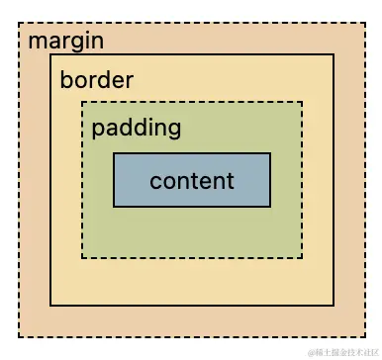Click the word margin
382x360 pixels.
66,42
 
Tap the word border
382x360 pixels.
96,80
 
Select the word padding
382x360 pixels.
136,128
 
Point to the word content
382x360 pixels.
192,181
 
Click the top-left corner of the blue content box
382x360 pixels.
114,153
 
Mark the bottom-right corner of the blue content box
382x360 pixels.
270,207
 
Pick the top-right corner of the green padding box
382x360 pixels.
302,102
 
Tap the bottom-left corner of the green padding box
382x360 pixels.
82,257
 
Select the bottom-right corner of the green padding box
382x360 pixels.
302,257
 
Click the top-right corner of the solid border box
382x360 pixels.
334,55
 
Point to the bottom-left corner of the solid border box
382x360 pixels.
51,305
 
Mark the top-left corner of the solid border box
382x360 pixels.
51,55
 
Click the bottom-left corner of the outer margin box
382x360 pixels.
19,336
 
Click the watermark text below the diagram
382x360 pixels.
341,352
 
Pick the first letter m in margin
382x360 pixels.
36,43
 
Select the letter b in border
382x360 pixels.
65,80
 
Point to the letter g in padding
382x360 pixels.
174,130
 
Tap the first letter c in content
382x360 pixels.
155,182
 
